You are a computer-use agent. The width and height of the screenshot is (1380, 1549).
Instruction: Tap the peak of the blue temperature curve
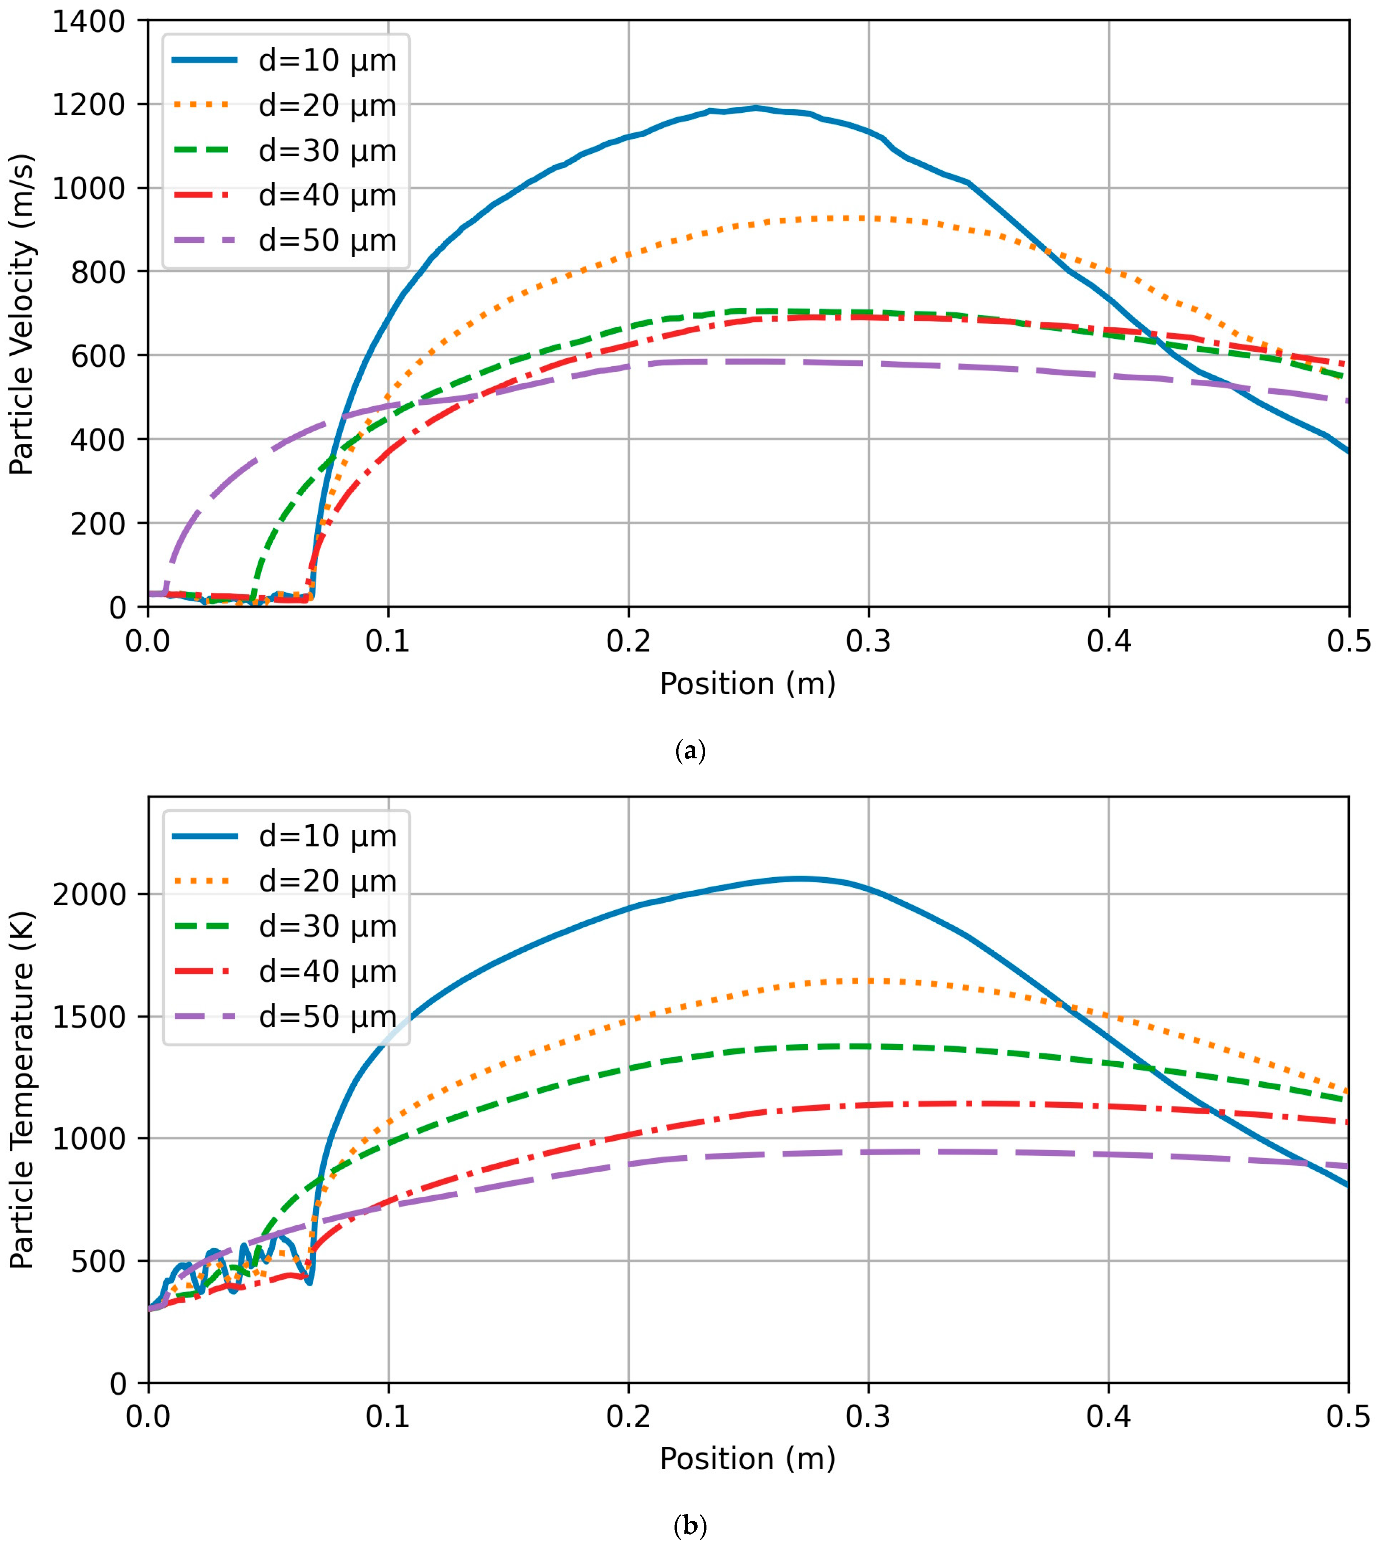[x=800, y=879]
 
